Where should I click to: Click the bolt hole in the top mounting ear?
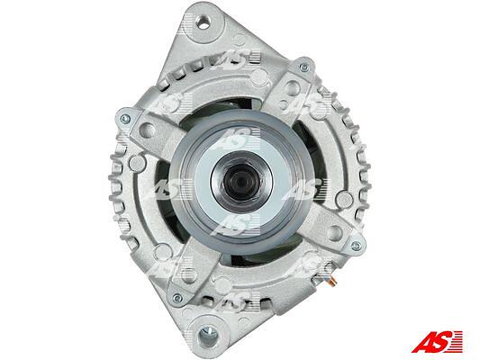[x=204, y=22]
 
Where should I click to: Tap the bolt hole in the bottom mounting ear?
[x=208, y=335]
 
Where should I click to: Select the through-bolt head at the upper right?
[x=304, y=67]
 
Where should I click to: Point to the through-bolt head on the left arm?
[x=125, y=119]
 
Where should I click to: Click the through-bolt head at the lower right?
[x=356, y=246]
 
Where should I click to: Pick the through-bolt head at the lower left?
[x=177, y=298]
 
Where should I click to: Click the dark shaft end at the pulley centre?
[x=242, y=182]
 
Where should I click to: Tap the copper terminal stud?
[x=331, y=282]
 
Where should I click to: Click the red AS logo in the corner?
[x=437, y=341]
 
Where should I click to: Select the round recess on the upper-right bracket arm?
[x=292, y=87]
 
